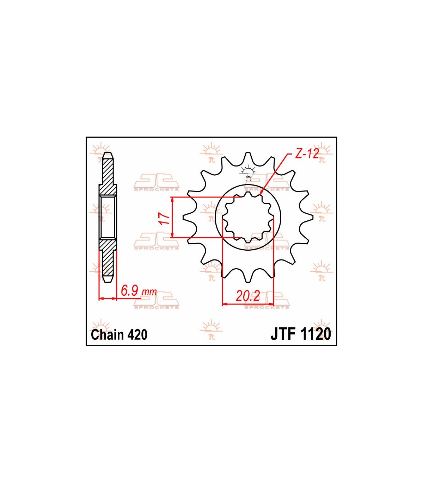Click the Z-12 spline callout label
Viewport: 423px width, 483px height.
pyautogui.click(x=307, y=154)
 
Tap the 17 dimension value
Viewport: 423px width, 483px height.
pyautogui.click(x=165, y=218)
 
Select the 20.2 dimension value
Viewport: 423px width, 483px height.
pyautogui.click(x=248, y=296)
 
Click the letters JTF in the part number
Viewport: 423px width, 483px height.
pyautogui.click(x=283, y=334)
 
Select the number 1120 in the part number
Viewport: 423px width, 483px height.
pyautogui.click(x=315, y=334)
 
